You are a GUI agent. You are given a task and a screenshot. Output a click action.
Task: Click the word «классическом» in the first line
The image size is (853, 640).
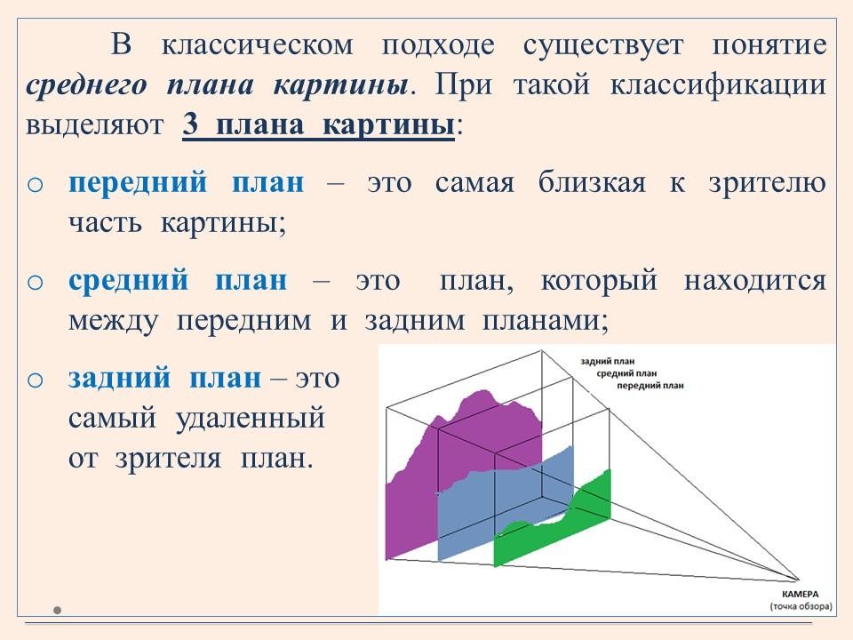[258, 44]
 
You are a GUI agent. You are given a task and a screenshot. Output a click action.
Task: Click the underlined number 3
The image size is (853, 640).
[190, 124]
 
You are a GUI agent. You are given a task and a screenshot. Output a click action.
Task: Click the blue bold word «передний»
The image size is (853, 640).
[138, 183]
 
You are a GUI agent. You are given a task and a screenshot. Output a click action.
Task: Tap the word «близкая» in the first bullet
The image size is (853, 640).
[592, 183]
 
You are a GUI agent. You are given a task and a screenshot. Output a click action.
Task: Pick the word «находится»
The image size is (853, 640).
[755, 282]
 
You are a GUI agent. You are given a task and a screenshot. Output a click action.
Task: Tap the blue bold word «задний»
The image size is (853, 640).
[119, 379]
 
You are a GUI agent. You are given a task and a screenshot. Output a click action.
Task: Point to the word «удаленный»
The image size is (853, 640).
[251, 419]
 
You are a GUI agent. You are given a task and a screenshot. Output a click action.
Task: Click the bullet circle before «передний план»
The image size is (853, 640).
[35, 185]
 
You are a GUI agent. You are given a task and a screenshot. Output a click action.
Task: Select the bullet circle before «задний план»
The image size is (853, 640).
[35, 380]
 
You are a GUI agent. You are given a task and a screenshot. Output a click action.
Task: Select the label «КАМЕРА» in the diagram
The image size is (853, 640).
[800, 595]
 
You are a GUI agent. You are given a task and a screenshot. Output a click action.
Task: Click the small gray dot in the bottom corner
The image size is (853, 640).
[57, 610]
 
